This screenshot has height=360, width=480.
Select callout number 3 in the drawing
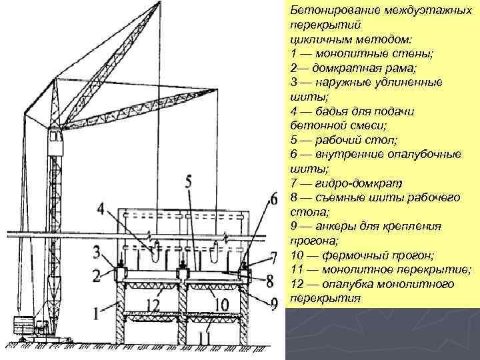(x=97, y=252)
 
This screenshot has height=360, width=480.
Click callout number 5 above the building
(x=188, y=181)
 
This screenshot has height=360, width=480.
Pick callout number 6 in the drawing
(x=273, y=200)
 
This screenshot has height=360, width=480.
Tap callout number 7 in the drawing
(x=273, y=257)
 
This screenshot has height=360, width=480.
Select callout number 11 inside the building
(x=204, y=338)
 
